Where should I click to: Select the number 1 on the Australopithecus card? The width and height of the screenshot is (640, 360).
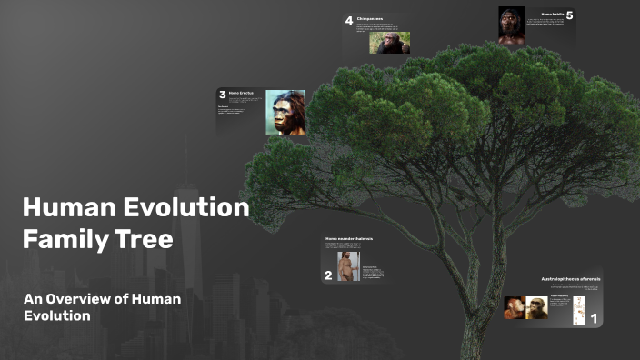pyautogui.click(x=594, y=319)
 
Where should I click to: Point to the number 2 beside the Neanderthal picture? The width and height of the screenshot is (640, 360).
pyautogui.click(x=328, y=275)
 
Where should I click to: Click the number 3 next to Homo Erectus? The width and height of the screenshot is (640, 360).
pyautogui.click(x=222, y=94)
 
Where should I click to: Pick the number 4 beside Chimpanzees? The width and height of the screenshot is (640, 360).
pyautogui.click(x=348, y=21)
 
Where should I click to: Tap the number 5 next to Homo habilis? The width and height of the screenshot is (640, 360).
pyautogui.click(x=569, y=15)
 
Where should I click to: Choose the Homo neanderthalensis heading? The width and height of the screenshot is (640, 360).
pyautogui.click(x=349, y=238)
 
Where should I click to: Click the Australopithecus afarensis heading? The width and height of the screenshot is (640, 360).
pyautogui.click(x=571, y=277)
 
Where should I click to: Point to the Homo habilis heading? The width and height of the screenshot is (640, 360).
pyautogui.click(x=553, y=15)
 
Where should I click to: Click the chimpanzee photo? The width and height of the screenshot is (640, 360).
pyautogui.click(x=390, y=43)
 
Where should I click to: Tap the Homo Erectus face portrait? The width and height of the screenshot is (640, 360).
pyautogui.click(x=285, y=113)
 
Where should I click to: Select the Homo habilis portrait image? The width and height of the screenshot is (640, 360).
pyautogui.click(x=511, y=25)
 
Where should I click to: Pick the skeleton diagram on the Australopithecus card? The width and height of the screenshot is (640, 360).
pyautogui.click(x=578, y=310)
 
